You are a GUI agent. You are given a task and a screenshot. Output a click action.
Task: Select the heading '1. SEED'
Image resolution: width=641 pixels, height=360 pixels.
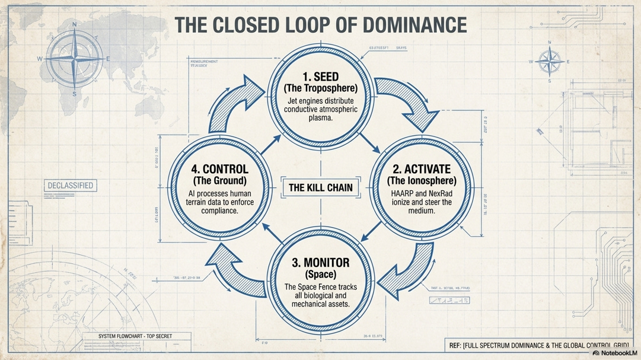click(320, 78)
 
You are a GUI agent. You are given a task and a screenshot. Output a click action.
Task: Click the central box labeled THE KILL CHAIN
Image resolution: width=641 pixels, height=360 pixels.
click(320, 188)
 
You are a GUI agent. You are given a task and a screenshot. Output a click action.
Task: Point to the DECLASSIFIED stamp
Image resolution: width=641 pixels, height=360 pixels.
click(70, 186)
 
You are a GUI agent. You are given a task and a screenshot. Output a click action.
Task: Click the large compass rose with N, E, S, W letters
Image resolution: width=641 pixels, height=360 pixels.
click(74, 59)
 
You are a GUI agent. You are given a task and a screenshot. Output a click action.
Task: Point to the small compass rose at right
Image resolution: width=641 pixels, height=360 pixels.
click(550, 61)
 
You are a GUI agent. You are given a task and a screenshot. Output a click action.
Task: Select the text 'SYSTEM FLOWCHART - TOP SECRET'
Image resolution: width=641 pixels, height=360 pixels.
click(135, 336)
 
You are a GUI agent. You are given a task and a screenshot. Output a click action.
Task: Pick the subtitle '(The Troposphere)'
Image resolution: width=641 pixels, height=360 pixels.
click(320, 89)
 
